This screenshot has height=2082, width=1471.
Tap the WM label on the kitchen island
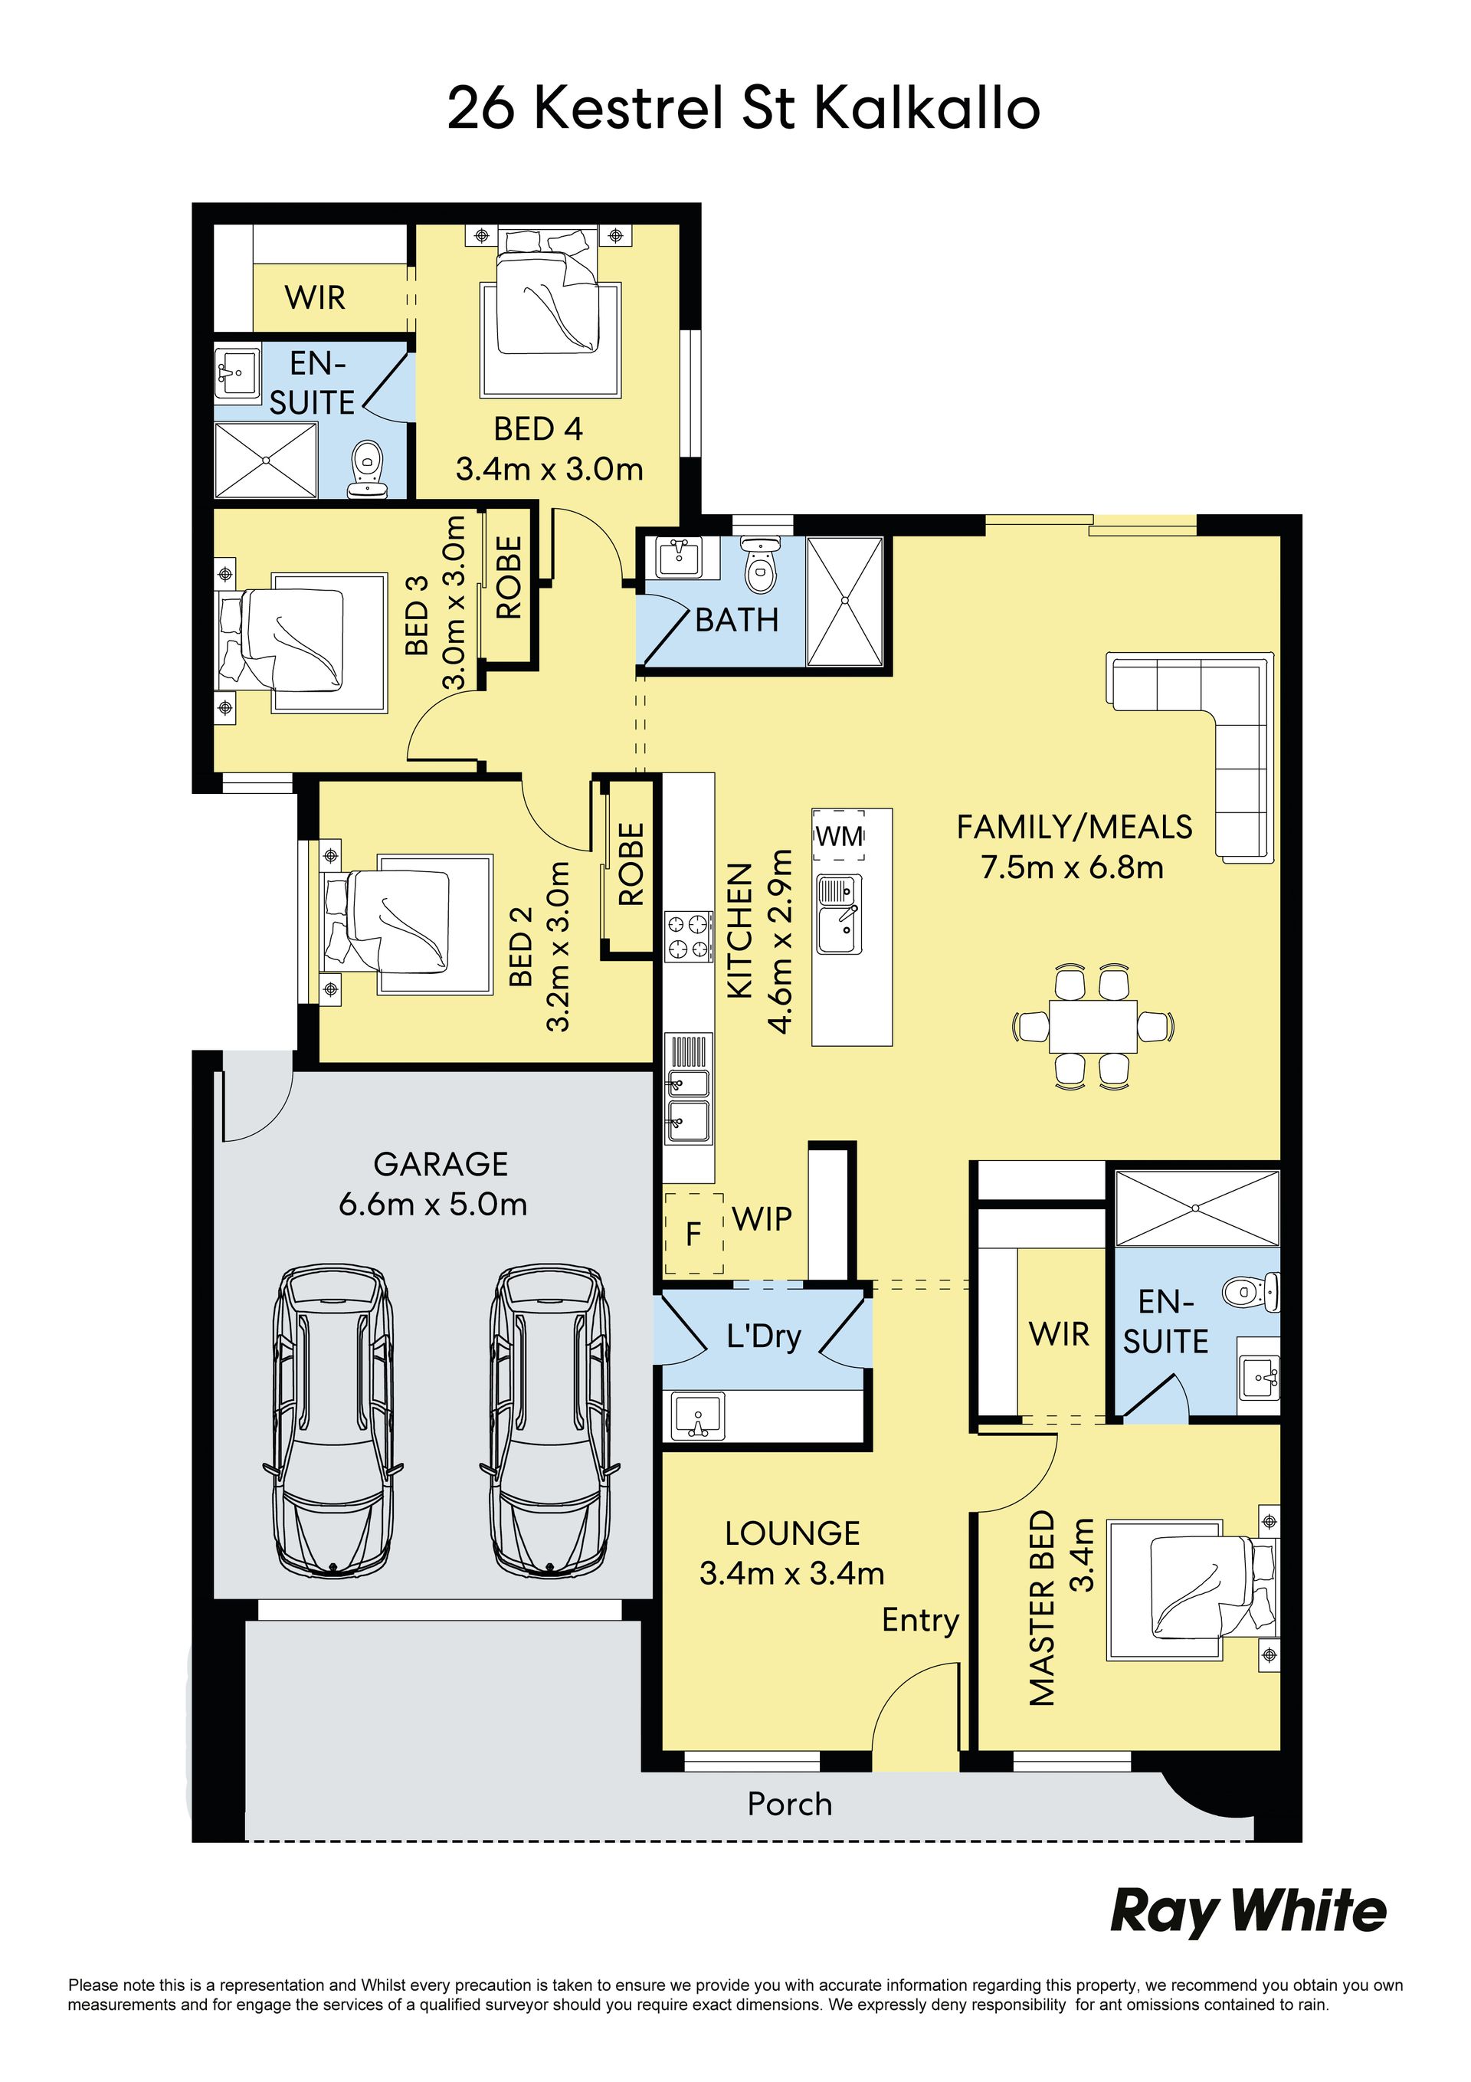pyautogui.click(x=839, y=835)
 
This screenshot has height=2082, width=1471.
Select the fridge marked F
pyautogui.click(x=694, y=1233)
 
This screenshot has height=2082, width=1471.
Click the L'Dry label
pyautogui.click(x=764, y=1336)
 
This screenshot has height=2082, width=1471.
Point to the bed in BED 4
pyautogui.click(x=549, y=308)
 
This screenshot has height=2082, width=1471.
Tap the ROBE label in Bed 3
pyautogui.click(x=509, y=577)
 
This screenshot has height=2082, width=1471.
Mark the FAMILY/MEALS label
pyautogui.click(x=1074, y=827)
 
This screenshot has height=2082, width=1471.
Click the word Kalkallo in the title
pyautogui.click(x=927, y=109)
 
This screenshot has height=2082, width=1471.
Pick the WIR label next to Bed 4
pyautogui.click(x=315, y=297)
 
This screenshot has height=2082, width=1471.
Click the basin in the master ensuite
pyautogui.click(x=1260, y=1378)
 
